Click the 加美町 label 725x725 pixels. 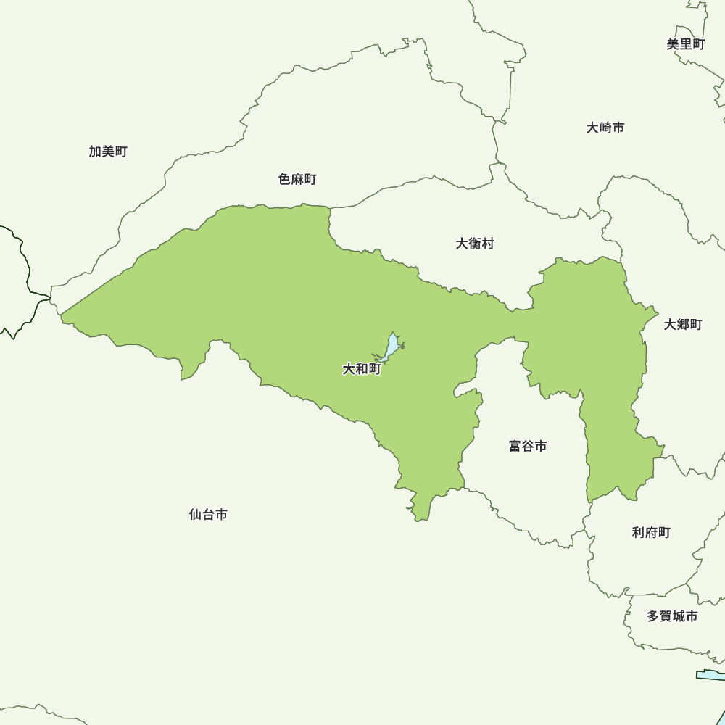108,152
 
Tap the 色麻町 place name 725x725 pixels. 297,179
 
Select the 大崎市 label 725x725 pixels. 605,128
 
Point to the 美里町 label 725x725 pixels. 685,44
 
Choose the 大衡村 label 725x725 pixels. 475,244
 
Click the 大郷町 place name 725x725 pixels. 683,324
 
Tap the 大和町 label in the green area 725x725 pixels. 362,369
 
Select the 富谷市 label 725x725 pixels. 528,446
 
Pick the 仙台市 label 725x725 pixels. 208,514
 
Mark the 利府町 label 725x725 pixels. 651,533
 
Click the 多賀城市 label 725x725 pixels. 672,616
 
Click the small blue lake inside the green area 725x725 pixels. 391,347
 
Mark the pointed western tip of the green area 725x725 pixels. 62,316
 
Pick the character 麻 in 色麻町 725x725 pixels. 297,179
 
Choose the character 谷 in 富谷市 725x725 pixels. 528,446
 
